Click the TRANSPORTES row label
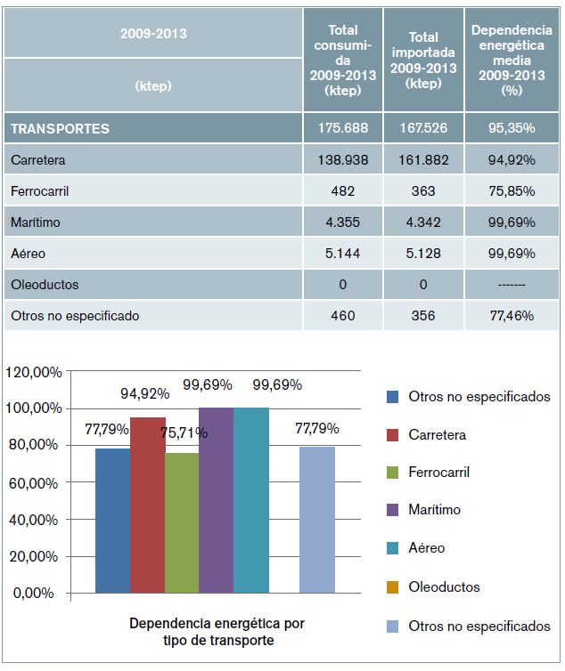61,128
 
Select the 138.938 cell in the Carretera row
343,160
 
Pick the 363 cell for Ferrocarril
423,191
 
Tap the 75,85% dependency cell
512,191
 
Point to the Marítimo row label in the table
36,222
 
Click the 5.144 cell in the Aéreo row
343,254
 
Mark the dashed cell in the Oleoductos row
512,285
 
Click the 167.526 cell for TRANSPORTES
423,128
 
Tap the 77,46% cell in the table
512,315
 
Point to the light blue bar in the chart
316,520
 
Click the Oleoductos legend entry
444,587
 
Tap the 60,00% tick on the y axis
37,482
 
